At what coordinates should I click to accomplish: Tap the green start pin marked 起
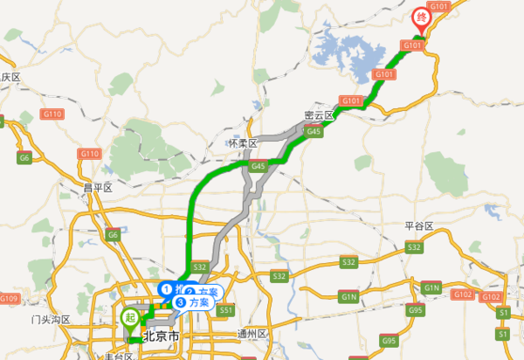click(x=130, y=316)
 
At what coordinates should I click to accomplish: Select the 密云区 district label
click(x=320, y=114)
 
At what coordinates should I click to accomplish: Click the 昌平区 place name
click(x=98, y=187)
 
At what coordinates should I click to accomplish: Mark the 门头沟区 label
click(x=49, y=320)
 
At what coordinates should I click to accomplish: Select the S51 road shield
click(x=227, y=310)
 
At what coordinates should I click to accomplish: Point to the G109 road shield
click(x=9, y=300)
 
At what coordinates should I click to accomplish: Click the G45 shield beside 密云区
click(x=314, y=132)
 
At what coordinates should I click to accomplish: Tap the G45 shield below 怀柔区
click(x=257, y=165)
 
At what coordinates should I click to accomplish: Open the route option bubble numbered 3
click(x=193, y=302)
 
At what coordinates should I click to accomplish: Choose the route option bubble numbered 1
click(x=172, y=288)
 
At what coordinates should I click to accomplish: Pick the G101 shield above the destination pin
click(x=438, y=7)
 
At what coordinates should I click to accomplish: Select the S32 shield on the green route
click(x=200, y=267)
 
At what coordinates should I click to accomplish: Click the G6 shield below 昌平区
click(x=112, y=235)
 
